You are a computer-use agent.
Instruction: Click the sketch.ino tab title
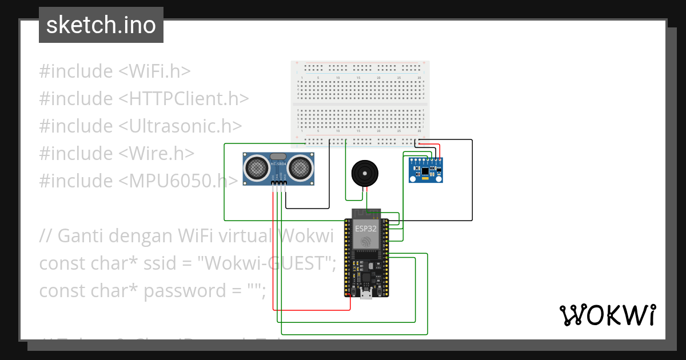[101, 25]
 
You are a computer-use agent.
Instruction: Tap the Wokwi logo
[607, 315]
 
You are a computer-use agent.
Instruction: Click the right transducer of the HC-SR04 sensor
[300, 168]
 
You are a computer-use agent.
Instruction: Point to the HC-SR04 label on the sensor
[278, 165]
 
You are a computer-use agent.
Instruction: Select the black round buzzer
[364, 173]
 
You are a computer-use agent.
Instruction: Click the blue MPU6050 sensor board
[426, 170]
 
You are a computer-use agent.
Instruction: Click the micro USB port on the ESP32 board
[366, 294]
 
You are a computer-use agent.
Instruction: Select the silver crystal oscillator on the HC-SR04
[278, 156]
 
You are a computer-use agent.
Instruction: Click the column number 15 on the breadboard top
[358, 78]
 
